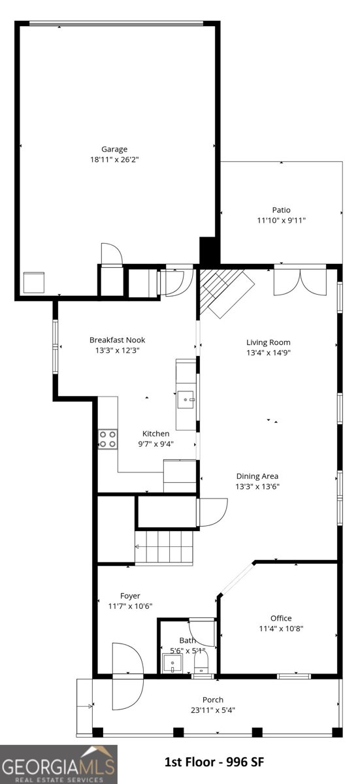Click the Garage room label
[114, 149]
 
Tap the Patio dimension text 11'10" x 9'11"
[281, 221]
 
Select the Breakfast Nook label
[117, 340]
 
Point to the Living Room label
[268, 342]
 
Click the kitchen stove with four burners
[108, 439]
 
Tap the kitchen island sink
[186, 399]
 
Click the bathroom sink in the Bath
[172, 664]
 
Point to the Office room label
[281, 618]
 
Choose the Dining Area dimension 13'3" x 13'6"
[257, 486]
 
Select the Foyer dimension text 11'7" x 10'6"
[130, 606]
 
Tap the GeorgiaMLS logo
[58, 764]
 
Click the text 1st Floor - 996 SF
[214, 762]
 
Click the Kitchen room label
[156, 433]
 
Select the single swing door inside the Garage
[111, 254]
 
